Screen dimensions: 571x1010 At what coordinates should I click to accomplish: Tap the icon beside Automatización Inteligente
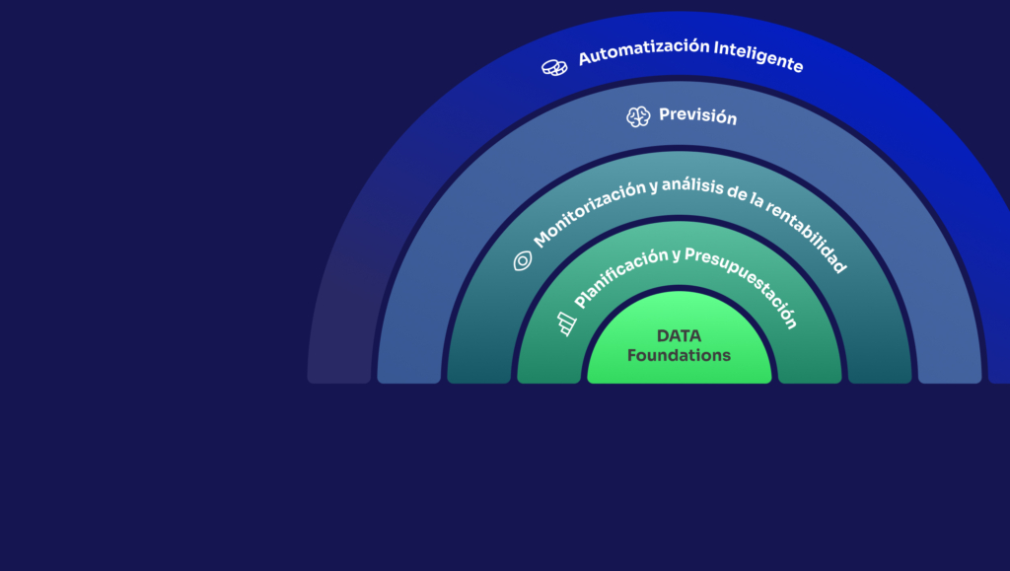point(554,67)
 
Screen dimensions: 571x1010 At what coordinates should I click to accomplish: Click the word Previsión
point(697,116)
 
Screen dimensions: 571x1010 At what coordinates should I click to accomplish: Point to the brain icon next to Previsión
point(638,116)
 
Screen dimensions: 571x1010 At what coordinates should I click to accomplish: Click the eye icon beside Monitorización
point(523,260)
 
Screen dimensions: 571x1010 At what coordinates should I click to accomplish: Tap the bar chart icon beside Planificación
point(566,323)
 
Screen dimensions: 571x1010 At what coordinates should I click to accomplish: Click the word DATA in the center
point(679,336)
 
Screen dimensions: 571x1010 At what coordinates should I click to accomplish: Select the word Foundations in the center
point(679,355)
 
